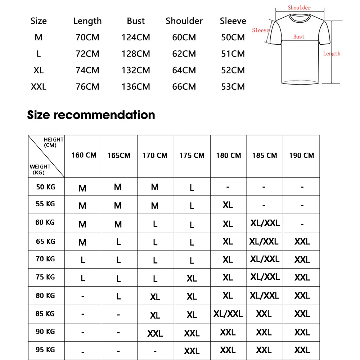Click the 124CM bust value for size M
click(136, 37)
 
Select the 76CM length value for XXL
click(87, 87)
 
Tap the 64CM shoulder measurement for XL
click(184, 70)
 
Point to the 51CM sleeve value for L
click(233, 54)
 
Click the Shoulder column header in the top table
click(184, 21)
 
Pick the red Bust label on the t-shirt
click(299, 37)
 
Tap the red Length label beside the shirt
click(332, 54)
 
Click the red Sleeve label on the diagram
click(261, 31)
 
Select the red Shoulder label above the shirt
click(299, 8)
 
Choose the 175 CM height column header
click(192, 156)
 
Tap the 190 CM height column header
click(301, 156)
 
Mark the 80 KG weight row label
click(45, 296)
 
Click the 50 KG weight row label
click(45, 187)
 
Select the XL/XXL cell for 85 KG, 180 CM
click(228, 314)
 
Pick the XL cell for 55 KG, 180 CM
click(228, 205)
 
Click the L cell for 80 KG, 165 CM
click(118, 296)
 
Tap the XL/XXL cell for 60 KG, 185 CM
click(265, 223)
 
